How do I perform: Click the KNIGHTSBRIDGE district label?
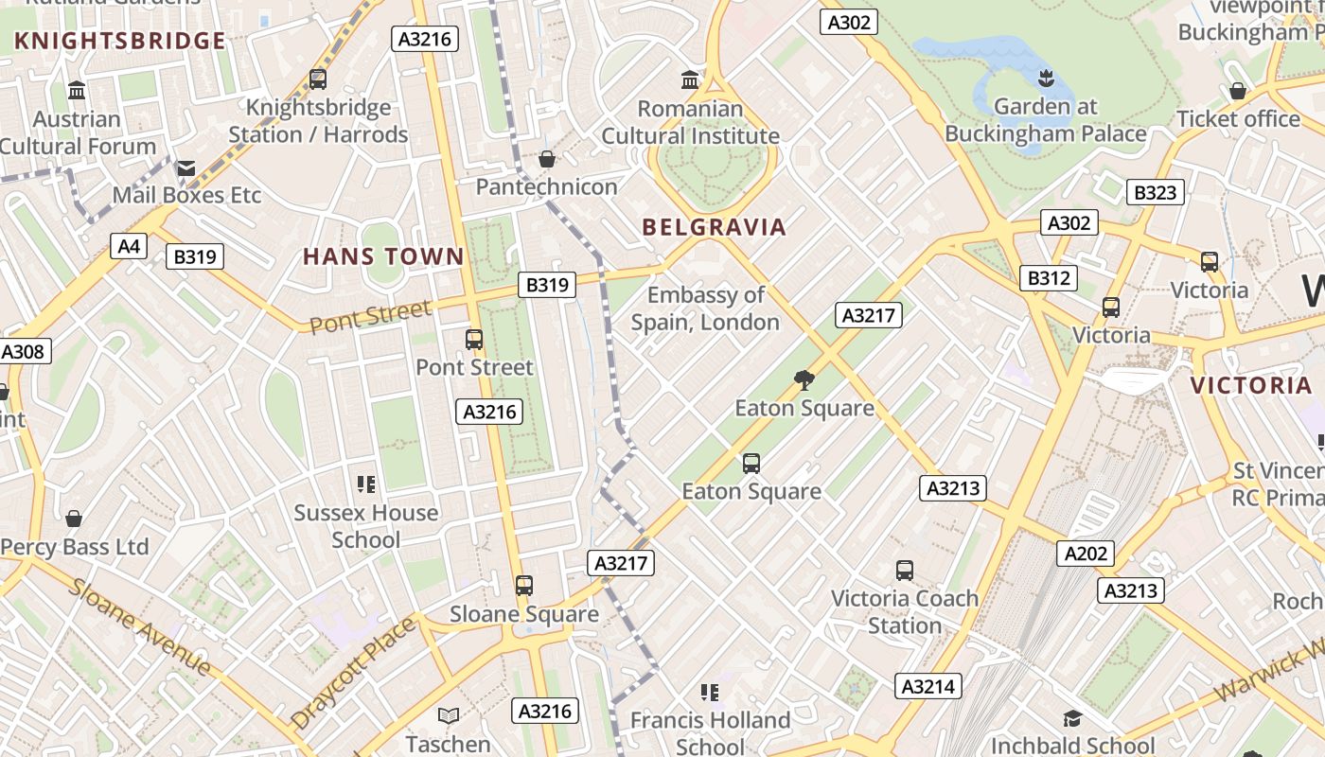click(x=120, y=41)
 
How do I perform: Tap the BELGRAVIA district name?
click(x=715, y=227)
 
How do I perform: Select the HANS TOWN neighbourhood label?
click(x=383, y=256)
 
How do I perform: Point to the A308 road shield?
click(x=22, y=352)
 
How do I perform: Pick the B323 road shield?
click(x=1155, y=193)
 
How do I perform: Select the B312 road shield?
click(x=1049, y=278)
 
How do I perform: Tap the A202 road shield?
click(x=1085, y=554)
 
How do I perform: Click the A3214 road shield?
click(x=927, y=686)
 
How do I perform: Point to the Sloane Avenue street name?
click(x=140, y=626)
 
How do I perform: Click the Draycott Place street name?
click(x=353, y=672)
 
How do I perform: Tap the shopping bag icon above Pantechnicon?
click(x=546, y=159)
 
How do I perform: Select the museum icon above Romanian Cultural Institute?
click(x=690, y=80)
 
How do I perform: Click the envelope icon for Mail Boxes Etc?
click(x=185, y=167)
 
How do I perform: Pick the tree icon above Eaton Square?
click(x=804, y=380)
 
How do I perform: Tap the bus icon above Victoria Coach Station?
click(x=905, y=571)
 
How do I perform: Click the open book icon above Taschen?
click(x=449, y=716)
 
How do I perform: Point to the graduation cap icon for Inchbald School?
click(x=1072, y=719)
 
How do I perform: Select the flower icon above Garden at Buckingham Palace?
click(x=1046, y=78)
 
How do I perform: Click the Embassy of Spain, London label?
click(x=705, y=308)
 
